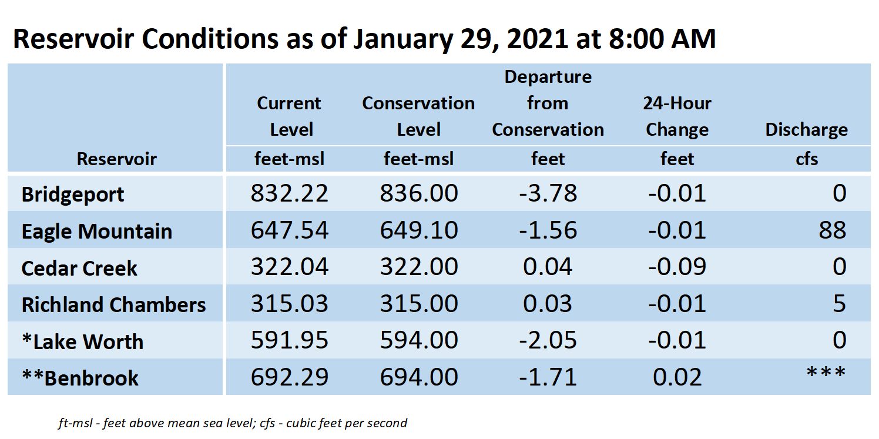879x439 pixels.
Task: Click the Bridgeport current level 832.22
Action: [289, 193]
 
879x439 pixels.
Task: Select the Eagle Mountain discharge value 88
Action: [832, 230]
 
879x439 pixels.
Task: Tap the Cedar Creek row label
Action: [79, 269]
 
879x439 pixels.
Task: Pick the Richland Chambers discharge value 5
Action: [840, 303]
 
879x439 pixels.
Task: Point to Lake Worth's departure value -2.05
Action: [548, 340]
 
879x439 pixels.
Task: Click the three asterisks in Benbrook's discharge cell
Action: [826, 372]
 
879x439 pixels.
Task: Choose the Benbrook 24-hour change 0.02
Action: [677, 377]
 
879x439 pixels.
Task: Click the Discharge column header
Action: [806, 129]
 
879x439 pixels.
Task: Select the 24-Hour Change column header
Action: [677, 116]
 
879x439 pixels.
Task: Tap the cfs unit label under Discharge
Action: [807, 159]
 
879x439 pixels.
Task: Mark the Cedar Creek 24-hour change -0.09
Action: [677, 267]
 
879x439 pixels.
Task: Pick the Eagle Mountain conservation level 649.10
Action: [419, 230]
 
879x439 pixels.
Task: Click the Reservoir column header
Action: [116, 159]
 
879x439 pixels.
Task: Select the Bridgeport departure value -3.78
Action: [548, 193]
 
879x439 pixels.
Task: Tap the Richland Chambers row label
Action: [113, 305]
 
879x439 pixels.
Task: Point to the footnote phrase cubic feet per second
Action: [347, 423]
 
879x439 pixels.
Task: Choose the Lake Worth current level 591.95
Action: [289, 340]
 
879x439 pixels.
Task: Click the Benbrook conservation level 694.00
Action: [419, 377]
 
